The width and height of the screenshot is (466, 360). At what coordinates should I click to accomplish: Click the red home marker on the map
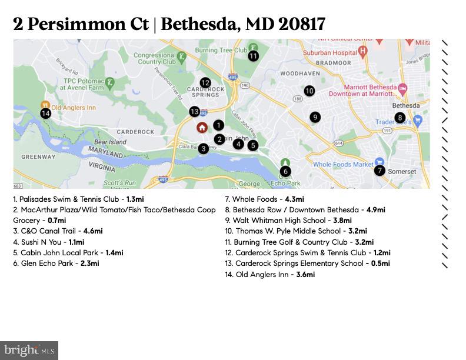coord(202,127)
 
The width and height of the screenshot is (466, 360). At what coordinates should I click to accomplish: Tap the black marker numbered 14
coord(46,114)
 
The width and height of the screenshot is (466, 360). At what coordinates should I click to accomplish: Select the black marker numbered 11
coord(254,56)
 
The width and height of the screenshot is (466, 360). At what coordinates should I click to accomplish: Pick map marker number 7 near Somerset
coord(380,171)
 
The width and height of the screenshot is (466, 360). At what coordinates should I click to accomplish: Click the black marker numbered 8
coord(400,118)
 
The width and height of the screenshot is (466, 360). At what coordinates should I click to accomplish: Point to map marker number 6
coord(285,171)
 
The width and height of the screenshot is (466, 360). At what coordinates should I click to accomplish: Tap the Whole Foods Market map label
coord(343,165)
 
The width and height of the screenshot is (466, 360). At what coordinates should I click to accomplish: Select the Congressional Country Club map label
coord(155,58)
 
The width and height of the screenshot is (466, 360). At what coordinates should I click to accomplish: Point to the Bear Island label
coord(110,142)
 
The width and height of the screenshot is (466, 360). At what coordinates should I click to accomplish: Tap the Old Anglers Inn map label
coord(74,108)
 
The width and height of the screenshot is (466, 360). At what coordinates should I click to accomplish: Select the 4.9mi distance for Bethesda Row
coord(375,210)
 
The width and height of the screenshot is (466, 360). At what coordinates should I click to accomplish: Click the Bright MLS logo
coord(29,351)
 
